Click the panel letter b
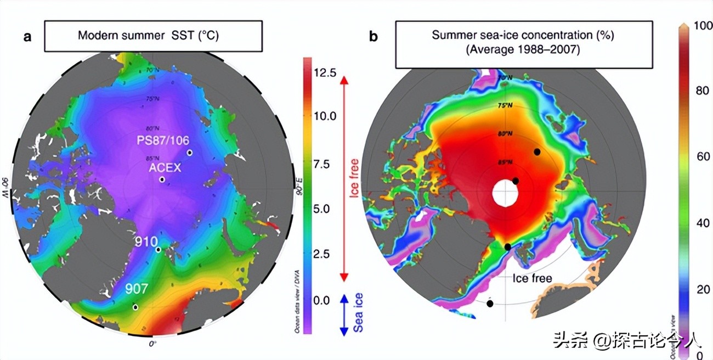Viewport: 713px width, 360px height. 373,37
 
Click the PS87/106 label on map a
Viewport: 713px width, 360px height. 162,140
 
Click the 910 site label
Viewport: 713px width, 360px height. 148,241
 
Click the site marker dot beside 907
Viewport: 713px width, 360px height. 135,307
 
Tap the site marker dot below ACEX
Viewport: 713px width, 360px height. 162,179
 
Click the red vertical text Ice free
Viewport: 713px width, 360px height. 355,177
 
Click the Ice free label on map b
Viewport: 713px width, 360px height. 532,278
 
